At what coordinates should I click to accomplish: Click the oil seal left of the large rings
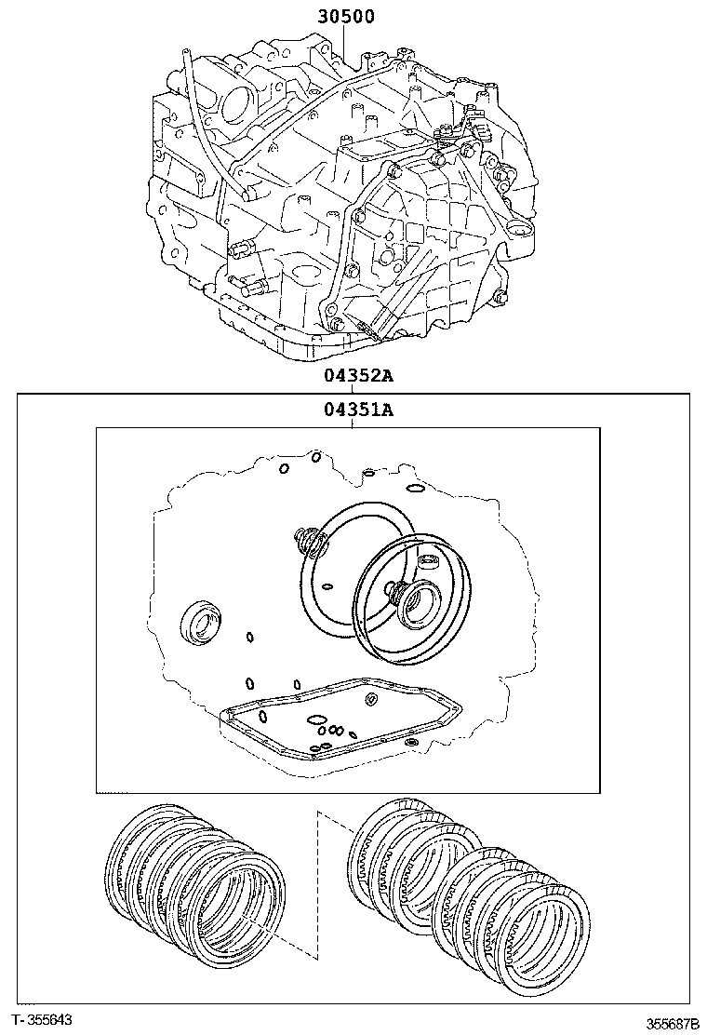199,621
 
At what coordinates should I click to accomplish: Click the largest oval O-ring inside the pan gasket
316,718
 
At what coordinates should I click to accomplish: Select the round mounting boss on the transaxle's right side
514,229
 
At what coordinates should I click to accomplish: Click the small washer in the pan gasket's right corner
410,743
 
